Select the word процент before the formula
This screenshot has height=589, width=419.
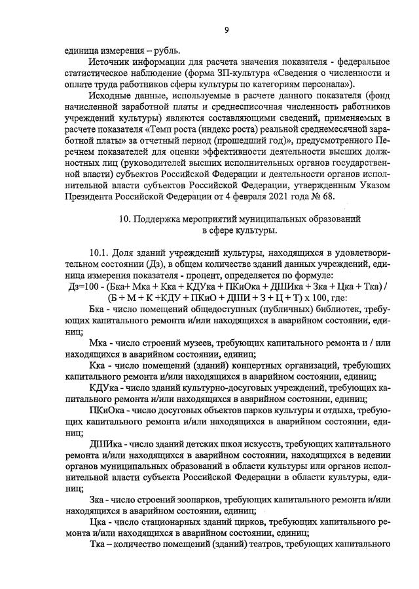[200, 275]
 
